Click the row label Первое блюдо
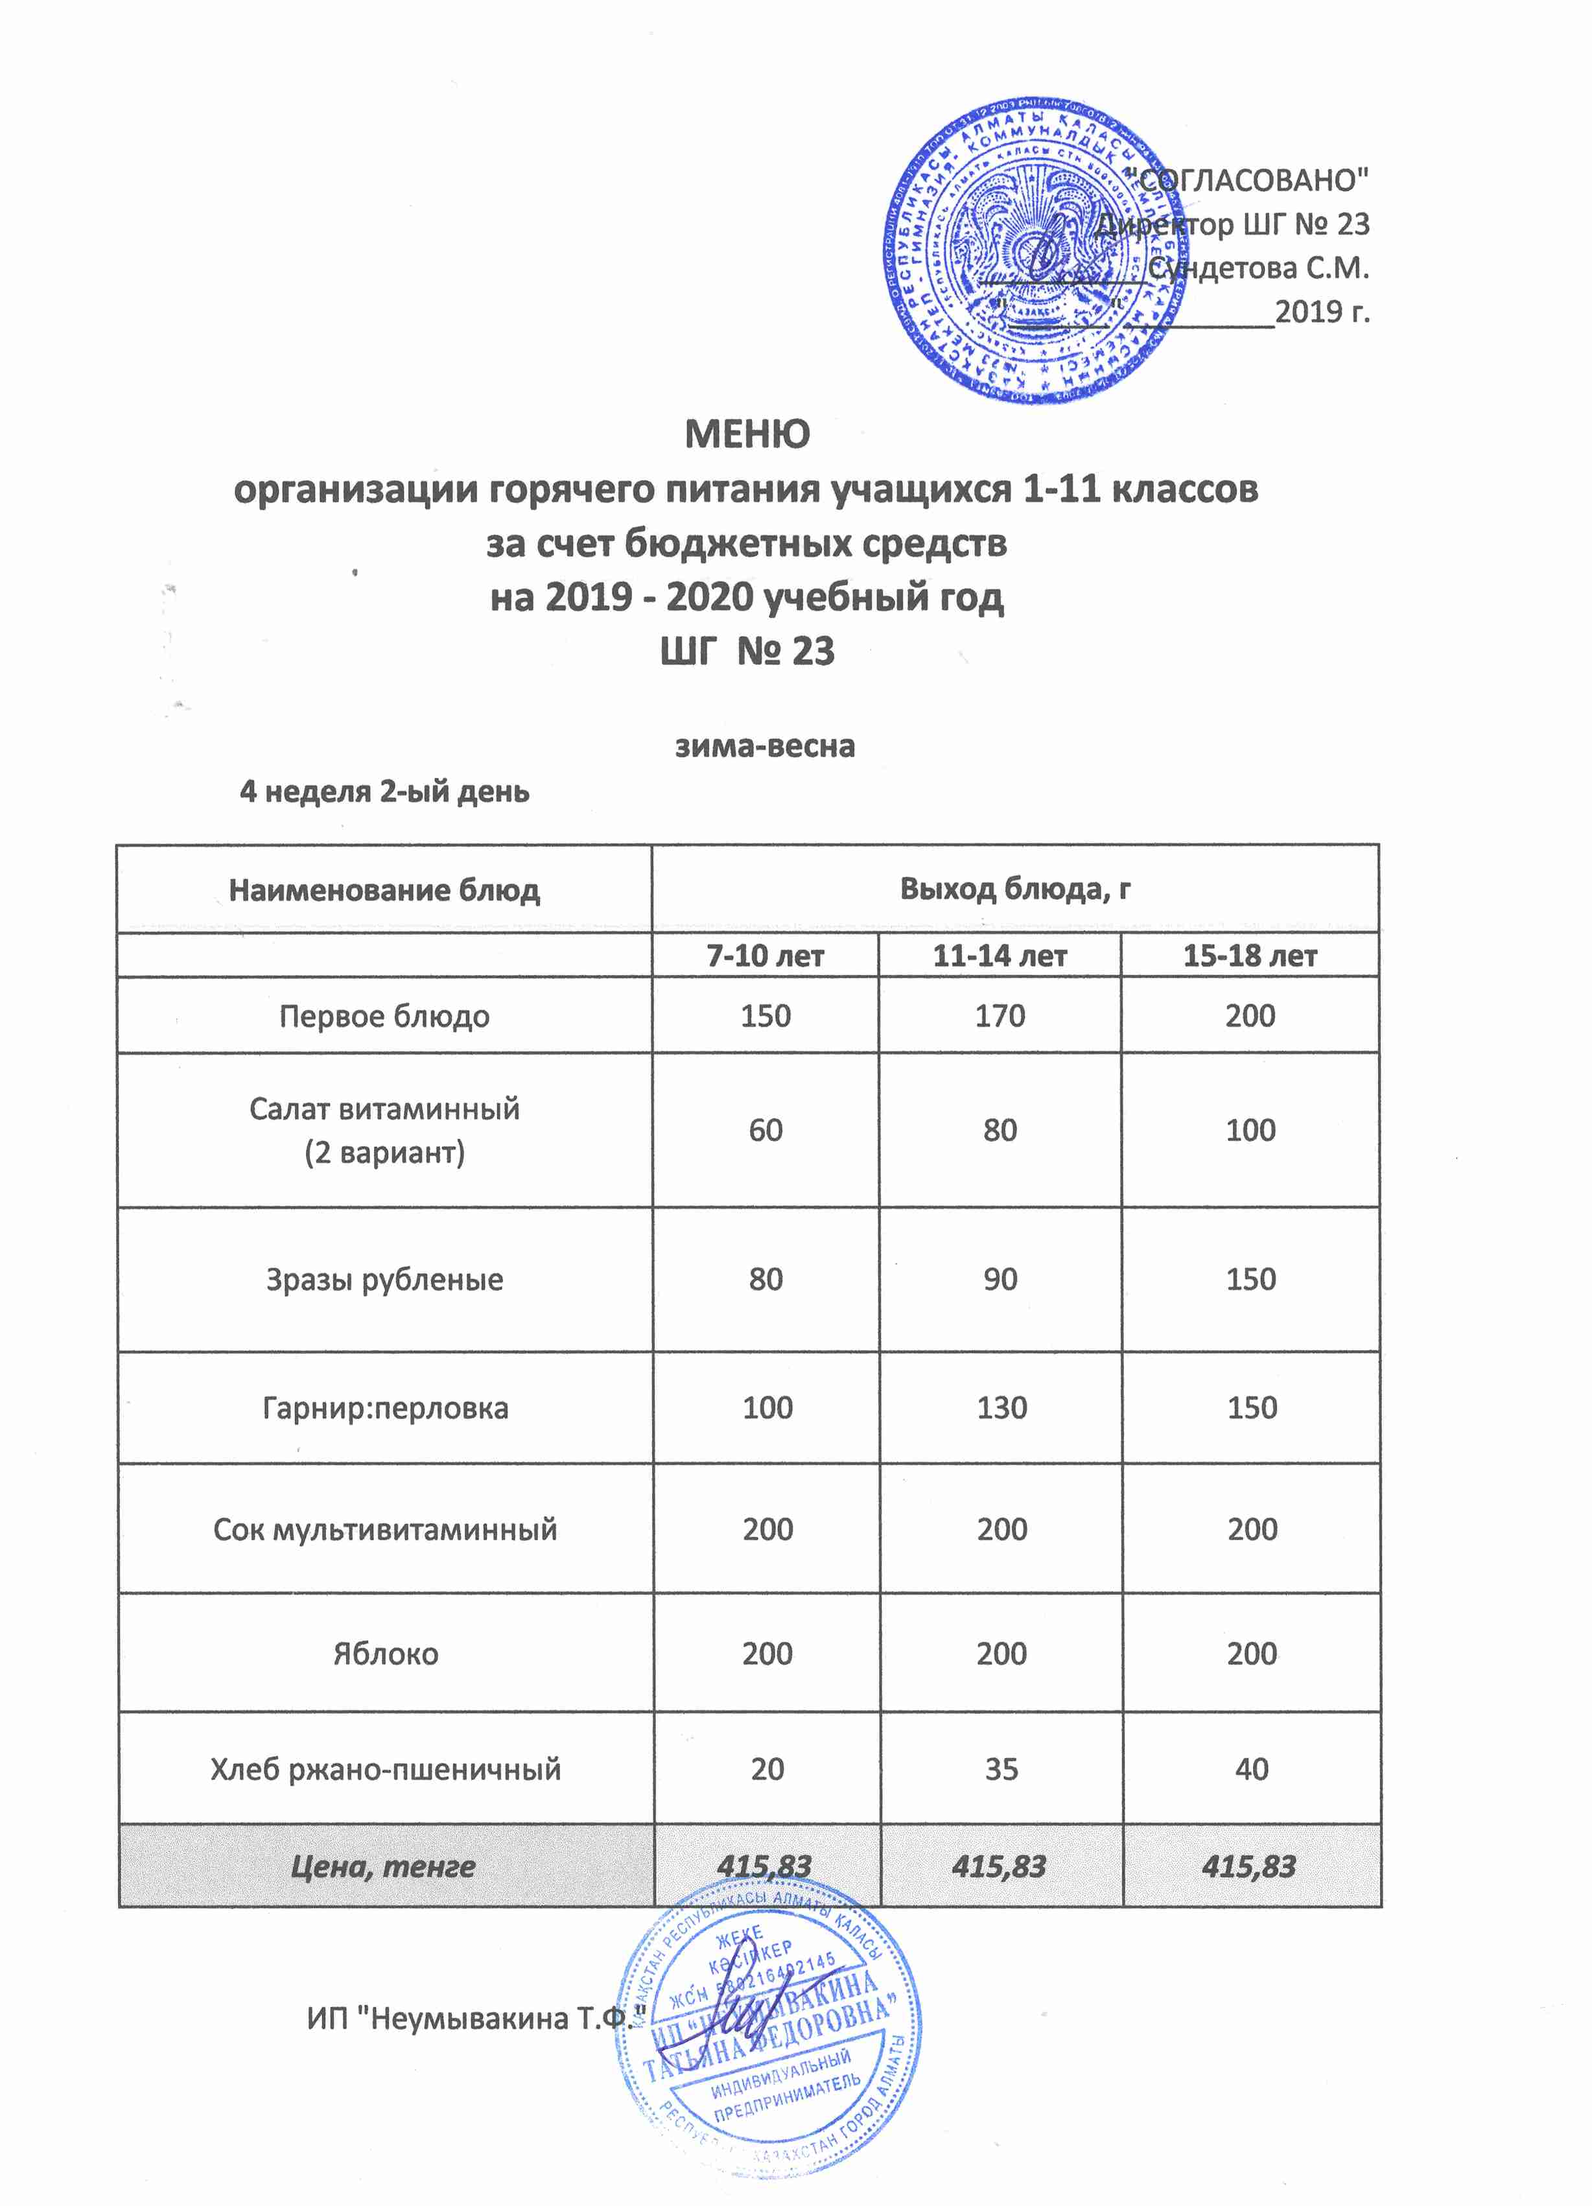pyautogui.click(x=384, y=1016)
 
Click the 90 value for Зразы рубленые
pyautogui.click(x=1000, y=1279)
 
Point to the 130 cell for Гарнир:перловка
pyautogui.click(x=1001, y=1407)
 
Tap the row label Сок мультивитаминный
pyautogui.click(x=384, y=1529)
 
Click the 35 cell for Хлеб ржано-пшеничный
pyautogui.click(x=1001, y=1768)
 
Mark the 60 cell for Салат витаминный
pyautogui.click(x=766, y=1131)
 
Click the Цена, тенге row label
pyautogui.click(x=384, y=1866)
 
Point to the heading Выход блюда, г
pyautogui.click(x=1014, y=889)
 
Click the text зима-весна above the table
pyautogui.click(x=766, y=746)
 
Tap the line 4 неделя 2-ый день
pyautogui.click(x=384, y=792)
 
